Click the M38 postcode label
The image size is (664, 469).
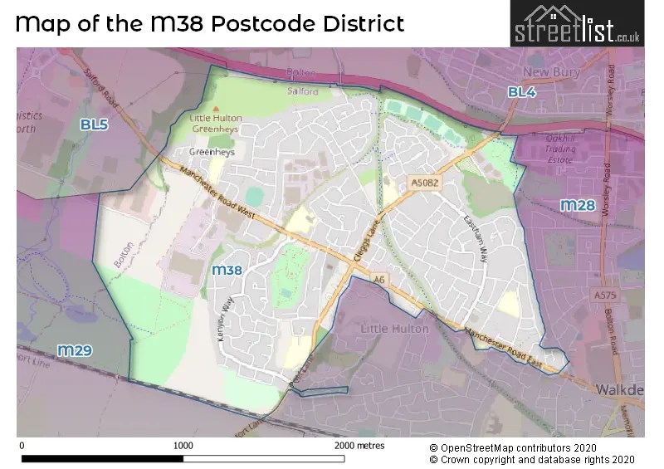pyautogui.click(x=227, y=270)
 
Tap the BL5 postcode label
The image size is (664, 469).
pyautogui.click(x=94, y=125)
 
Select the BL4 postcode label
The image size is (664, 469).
pyautogui.click(x=522, y=92)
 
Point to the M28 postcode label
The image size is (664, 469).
pyautogui.click(x=578, y=205)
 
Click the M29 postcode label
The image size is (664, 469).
pyautogui.click(x=74, y=350)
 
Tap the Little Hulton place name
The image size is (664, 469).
pyautogui.click(x=394, y=329)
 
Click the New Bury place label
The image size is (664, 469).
pyautogui.click(x=552, y=72)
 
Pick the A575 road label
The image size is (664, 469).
pyautogui.click(x=605, y=296)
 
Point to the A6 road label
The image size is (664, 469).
pyautogui.click(x=379, y=281)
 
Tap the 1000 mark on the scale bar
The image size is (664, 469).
pyautogui.click(x=183, y=445)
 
